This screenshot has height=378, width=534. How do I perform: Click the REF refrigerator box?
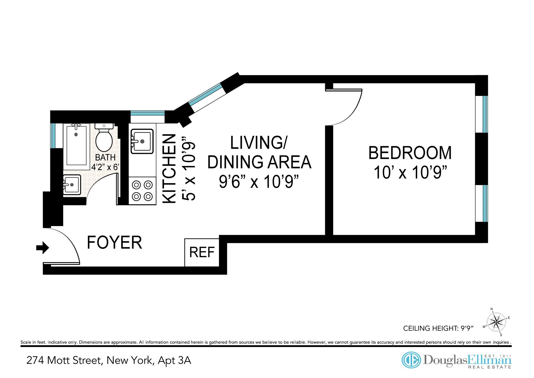click(202, 252)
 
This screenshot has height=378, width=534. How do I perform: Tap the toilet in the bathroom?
click(104, 138)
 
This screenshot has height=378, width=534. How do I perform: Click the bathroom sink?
click(72, 184)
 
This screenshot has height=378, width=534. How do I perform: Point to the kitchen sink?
click(142, 141)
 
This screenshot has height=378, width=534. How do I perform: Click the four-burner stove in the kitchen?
click(142, 191)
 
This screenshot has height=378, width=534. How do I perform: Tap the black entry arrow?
click(43, 248)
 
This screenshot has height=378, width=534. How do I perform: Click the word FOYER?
click(115, 242)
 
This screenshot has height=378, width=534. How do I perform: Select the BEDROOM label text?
click(410, 153)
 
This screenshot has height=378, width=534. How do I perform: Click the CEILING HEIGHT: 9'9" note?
click(438, 328)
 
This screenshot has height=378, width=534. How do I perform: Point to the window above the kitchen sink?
click(147, 114)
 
